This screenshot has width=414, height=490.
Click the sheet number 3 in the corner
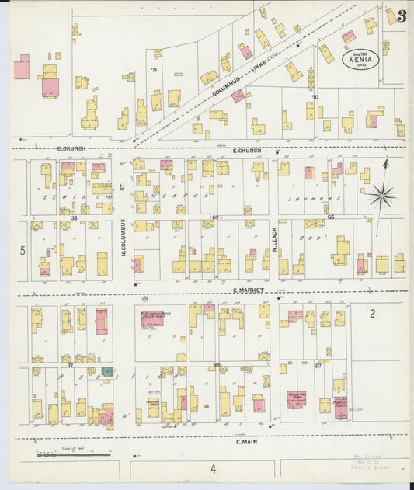point(402,16)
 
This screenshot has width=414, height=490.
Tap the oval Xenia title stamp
point(359,59)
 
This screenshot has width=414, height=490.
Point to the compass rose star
point(381,196)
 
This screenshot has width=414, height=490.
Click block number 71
point(154,70)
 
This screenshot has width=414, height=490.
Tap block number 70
point(315,98)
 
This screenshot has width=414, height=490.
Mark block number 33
point(74,218)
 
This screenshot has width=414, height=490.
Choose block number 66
point(330,218)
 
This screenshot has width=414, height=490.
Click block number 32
point(70,364)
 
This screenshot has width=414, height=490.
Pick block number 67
point(318,364)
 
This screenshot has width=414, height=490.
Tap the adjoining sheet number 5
point(23,250)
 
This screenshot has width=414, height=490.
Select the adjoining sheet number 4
point(211,468)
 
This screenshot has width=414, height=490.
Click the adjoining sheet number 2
point(372,314)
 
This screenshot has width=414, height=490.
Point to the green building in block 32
point(107,372)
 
